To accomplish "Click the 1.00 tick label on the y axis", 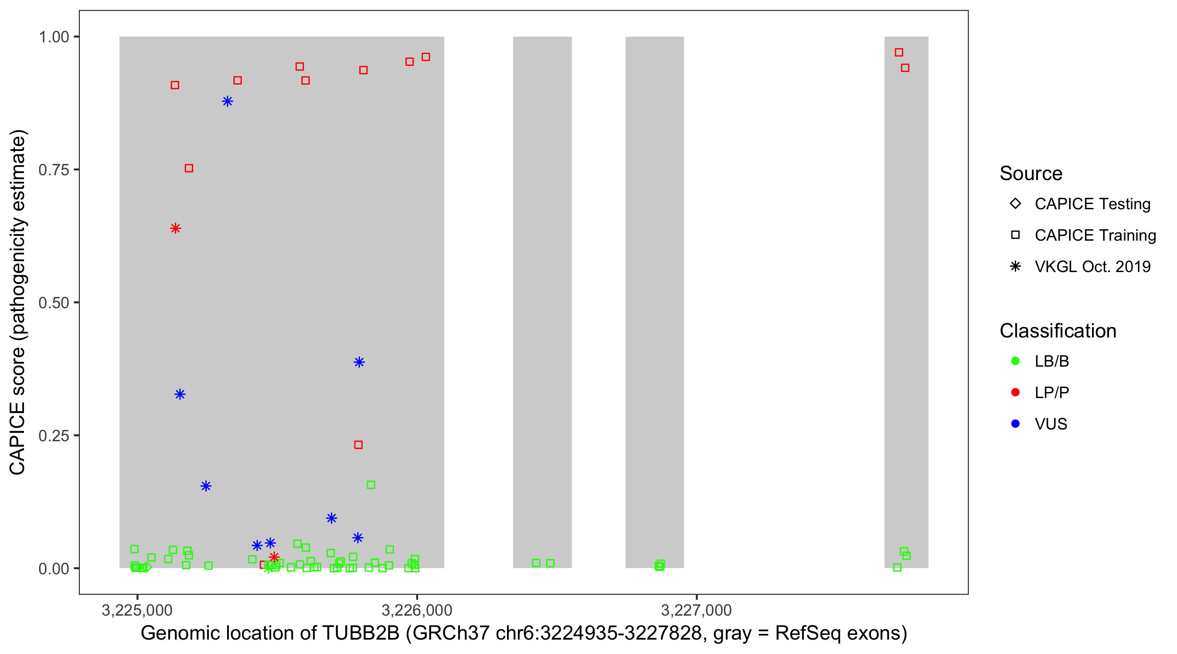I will [54, 37].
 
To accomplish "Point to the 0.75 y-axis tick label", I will [54, 170].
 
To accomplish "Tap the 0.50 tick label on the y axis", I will [54, 303].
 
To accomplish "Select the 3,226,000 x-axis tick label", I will [416, 610].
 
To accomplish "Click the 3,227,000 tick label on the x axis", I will [696, 610].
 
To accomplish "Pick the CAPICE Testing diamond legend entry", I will [1092, 204].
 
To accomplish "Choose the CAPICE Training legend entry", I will [1095, 235].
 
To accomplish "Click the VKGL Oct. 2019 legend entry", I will [1092, 267].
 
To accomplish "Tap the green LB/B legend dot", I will [1015, 361].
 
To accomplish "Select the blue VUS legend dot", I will [1015, 424].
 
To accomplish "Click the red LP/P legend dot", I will [1015, 392].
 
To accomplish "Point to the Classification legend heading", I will [1058, 331].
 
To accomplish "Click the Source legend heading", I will [1031, 174].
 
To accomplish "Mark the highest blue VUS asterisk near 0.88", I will [228, 102].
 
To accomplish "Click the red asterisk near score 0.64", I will [175, 228].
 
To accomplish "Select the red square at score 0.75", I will [189, 169].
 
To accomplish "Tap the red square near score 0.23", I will [358, 445].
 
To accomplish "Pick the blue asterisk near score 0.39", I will [359, 362].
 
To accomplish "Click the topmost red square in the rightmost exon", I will [899, 53].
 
